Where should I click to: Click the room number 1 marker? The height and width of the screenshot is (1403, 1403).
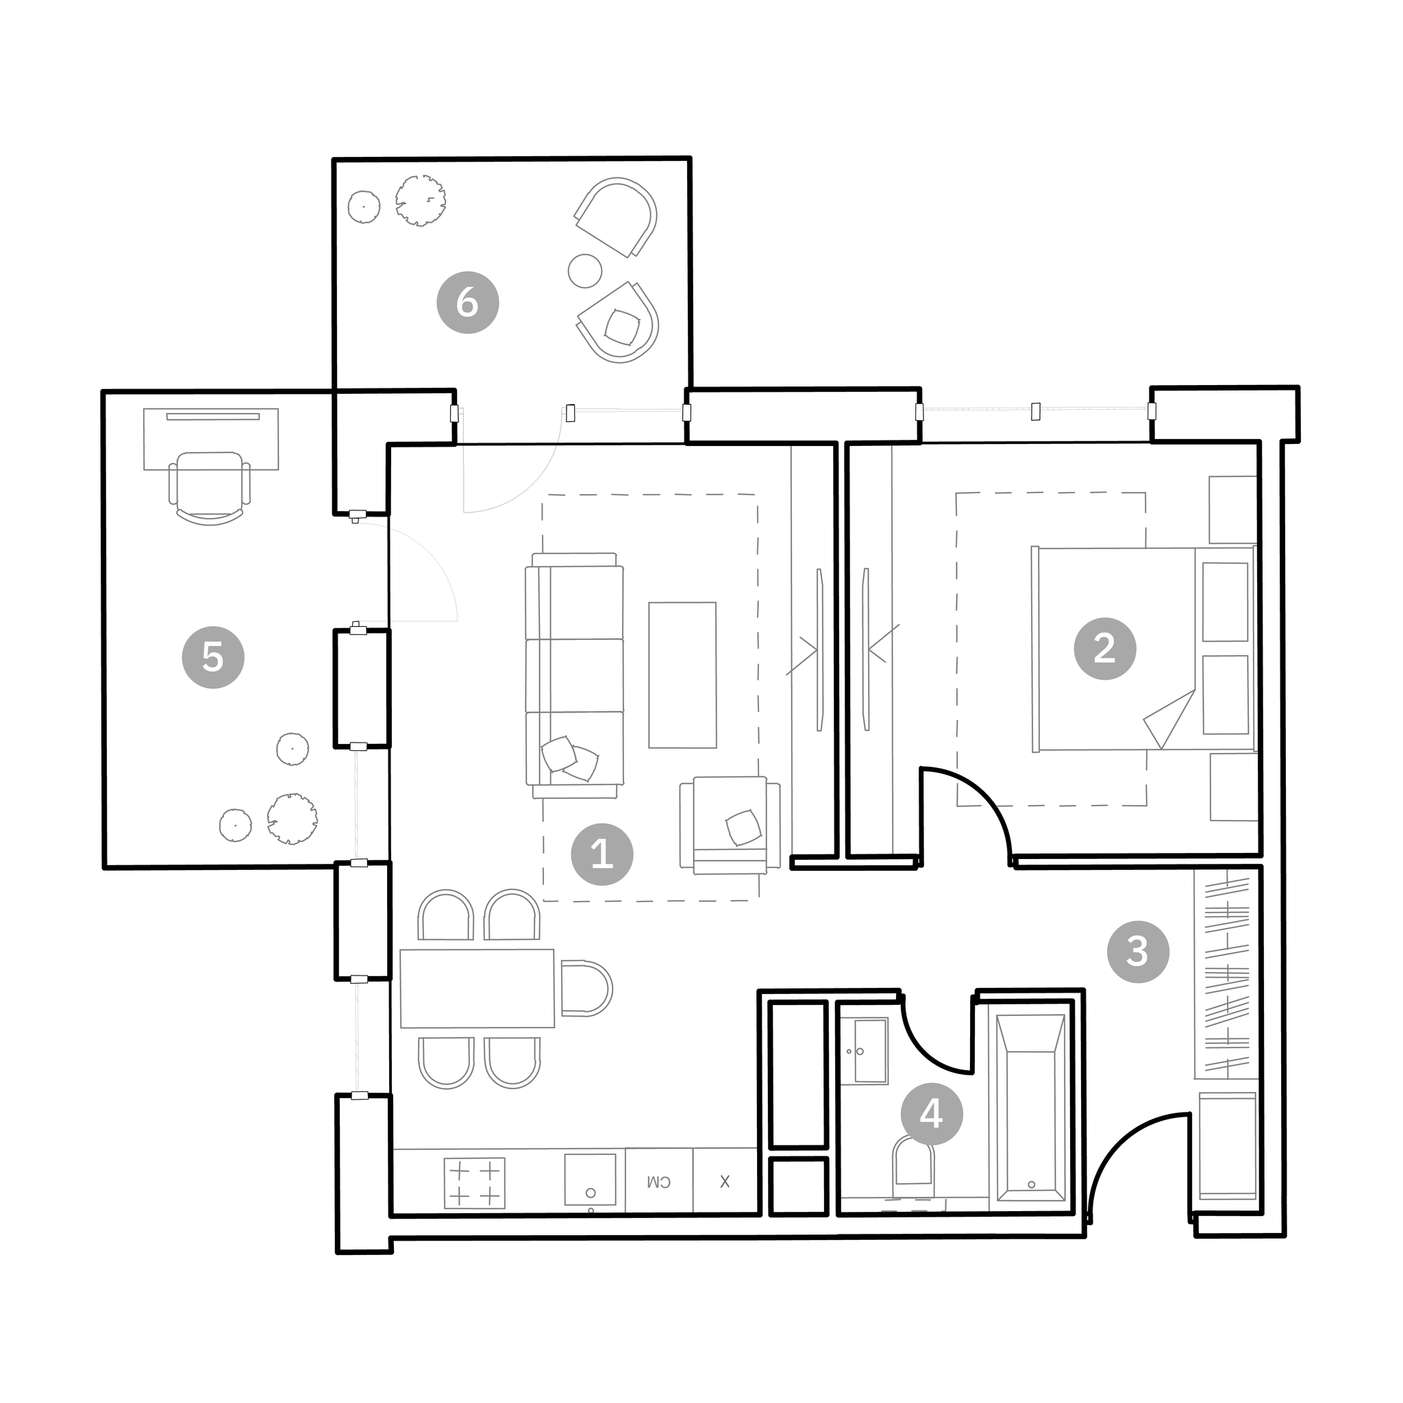[602, 854]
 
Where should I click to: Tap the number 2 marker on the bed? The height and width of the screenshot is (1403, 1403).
[1104, 649]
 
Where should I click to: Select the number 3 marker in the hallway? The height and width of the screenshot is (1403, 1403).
[1138, 952]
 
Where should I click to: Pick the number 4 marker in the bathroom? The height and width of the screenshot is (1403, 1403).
[932, 1113]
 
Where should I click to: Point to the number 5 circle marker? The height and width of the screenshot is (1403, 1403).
[213, 657]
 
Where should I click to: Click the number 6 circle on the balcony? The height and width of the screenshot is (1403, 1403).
[468, 302]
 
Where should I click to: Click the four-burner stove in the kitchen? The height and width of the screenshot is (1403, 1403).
[474, 1183]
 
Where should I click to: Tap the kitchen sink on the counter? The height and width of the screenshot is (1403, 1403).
[590, 1180]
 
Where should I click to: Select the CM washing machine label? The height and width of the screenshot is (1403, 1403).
[658, 1182]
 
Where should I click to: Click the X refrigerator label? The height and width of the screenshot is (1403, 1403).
[725, 1182]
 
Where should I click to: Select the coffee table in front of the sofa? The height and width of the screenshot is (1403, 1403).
[682, 675]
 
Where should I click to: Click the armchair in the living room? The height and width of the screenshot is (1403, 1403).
[730, 825]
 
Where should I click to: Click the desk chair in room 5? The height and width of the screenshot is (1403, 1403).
[210, 487]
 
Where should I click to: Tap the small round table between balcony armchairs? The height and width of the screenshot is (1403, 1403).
[584, 271]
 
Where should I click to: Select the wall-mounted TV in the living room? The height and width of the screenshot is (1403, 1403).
[820, 649]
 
